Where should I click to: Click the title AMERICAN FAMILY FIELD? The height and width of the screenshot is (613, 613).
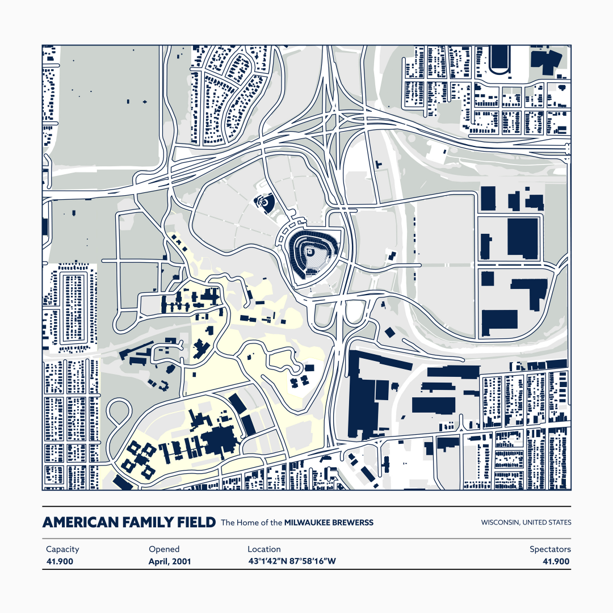(129, 522)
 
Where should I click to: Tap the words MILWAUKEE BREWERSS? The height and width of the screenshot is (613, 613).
(329, 522)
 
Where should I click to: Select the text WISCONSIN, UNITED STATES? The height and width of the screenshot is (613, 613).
(526, 522)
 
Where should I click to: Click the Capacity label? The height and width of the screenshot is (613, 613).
(62, 549)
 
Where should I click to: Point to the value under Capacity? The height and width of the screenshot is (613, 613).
(60, 561)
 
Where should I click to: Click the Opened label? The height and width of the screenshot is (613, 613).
(164, 549)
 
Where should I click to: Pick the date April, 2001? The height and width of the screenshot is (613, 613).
(170, 561)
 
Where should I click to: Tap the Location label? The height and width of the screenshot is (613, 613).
(264, 549)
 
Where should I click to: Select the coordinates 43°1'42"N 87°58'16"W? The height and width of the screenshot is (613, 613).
(292, 561)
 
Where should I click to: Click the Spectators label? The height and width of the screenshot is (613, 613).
(550, 549)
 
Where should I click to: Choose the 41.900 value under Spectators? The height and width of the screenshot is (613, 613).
(556, 561)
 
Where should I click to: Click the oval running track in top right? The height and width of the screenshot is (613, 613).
(499, 60)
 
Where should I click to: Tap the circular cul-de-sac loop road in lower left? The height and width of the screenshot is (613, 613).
(119, 413)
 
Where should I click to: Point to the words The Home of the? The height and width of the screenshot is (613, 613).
(251, 522)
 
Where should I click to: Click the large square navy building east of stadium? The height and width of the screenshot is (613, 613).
(522, 237)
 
